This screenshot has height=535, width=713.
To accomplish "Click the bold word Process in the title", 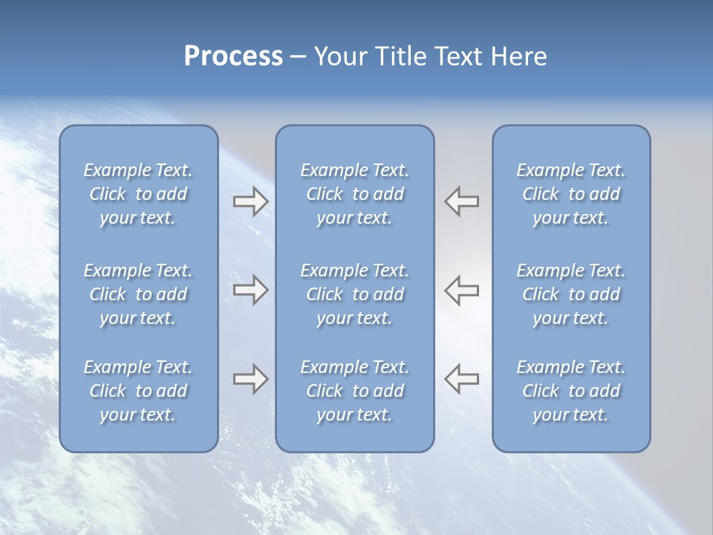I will tap(233, 56).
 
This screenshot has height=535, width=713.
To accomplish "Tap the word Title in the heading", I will tap(397, 56).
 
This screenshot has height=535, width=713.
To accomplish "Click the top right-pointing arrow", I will tap(250, 201).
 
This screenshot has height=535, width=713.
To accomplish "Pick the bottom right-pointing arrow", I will tap(250, 379).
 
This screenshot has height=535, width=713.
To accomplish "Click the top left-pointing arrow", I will tap(462, 201).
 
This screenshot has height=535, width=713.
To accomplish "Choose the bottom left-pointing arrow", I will tap(462, 379).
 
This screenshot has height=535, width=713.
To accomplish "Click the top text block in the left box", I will tap(138, 194).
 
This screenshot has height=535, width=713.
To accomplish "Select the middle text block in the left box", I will tap(138, 294).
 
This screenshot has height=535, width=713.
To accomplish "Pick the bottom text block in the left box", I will tap(138, 391).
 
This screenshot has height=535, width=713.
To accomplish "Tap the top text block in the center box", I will tap(354, 194).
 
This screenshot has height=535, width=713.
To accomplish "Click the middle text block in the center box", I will tap(354, 294).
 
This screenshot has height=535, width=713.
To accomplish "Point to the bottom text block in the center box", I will tap(354, 391).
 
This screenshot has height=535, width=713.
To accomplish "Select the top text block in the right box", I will tap(570, 194).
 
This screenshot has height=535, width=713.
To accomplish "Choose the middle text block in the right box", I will tap(570, 294).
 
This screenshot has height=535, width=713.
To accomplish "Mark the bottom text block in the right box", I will tap(570, 391).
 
